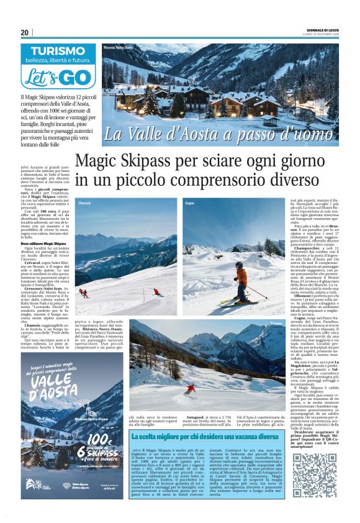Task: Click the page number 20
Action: click(24, 32)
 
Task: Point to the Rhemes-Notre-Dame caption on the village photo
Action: click(119, 48)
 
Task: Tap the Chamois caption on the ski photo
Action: click(84, 203)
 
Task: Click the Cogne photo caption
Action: click(189, 203)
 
